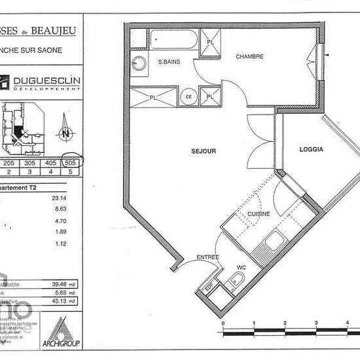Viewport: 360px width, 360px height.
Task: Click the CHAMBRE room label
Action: (x=250, y=57)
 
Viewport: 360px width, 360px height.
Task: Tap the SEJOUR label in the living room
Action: (x=204, y=151)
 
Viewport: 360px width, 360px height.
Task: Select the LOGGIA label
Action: (x=312, y=149)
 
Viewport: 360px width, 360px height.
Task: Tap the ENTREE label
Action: (x=207, y=257)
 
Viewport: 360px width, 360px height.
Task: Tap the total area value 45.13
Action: (x=62, y=301)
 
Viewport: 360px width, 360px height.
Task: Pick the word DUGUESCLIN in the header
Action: (x=43, y=80)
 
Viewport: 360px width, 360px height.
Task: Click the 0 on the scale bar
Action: (x=223, y=323)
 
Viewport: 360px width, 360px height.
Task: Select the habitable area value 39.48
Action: (x=62, y=284)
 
